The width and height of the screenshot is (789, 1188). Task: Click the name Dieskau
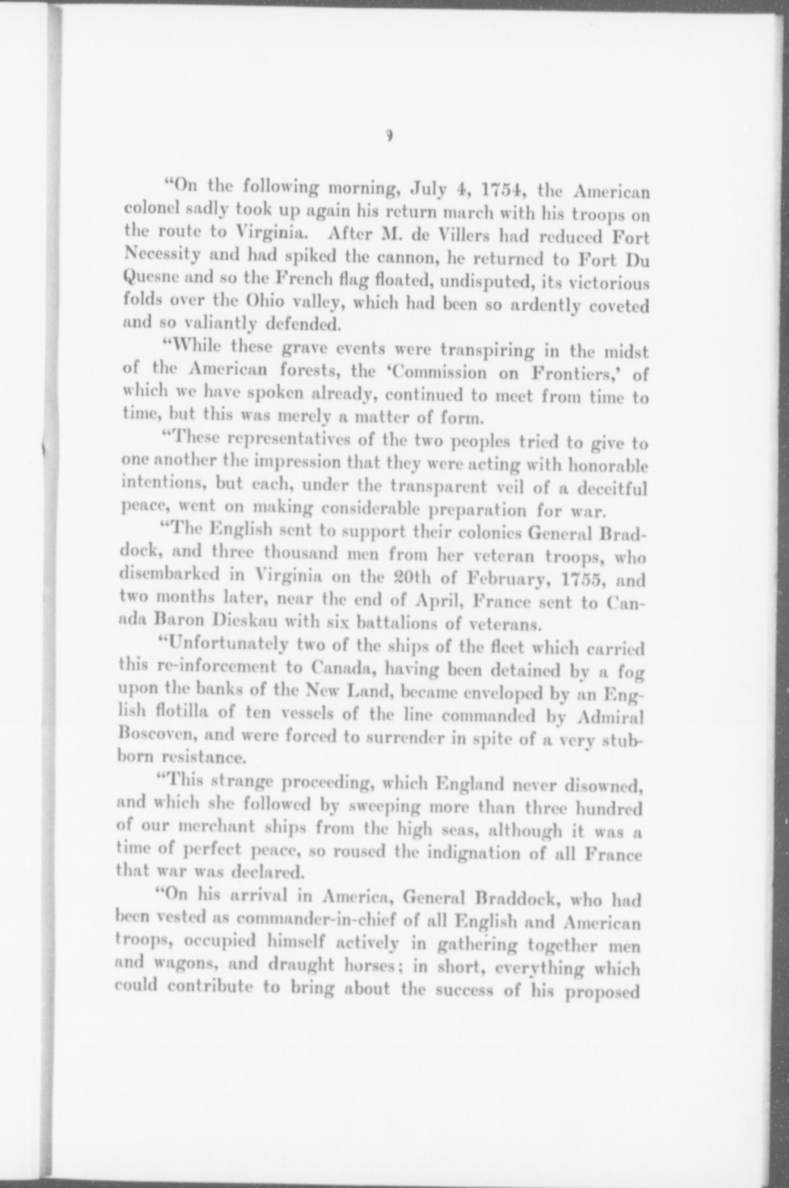coord(227,623)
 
